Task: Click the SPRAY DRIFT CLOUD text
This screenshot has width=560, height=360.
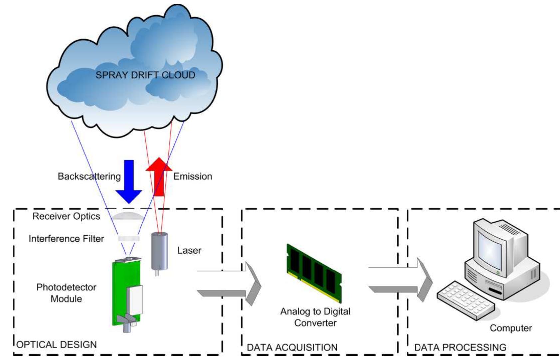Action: (145, 75)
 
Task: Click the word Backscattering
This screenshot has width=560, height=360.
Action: (89, 176)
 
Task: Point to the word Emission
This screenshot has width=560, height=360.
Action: (192, 176)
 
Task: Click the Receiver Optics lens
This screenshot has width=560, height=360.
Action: (128, 216)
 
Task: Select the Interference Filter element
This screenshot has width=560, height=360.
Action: (129, 239)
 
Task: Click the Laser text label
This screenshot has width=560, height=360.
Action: (189, 250)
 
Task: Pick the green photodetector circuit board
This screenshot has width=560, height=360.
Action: (120, 293)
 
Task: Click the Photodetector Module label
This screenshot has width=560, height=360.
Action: (66, 293)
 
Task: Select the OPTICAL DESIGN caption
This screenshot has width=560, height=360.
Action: (57, 345)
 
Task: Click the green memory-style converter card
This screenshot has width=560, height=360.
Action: (314, 273)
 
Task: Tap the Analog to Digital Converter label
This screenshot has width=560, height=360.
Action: (315, 317)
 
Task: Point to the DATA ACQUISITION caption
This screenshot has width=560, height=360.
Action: (292, 348)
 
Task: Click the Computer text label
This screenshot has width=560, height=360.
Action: (511, 328)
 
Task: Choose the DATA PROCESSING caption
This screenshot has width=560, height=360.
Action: (460, 348)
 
